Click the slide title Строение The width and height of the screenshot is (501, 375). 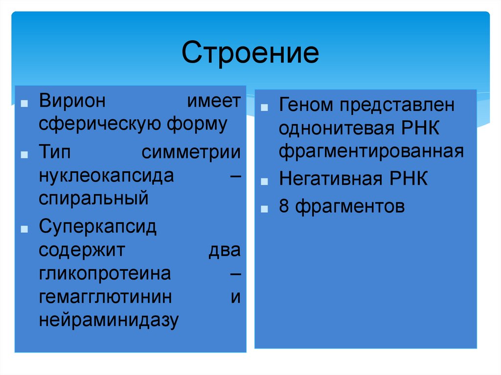point(250,53)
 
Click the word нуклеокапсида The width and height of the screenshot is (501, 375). point(107,176)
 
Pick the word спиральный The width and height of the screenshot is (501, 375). point(93,199)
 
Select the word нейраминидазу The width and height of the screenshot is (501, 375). point(109,320)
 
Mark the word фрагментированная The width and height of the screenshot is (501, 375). point(371,152)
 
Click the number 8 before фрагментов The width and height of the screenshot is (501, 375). point(284,206)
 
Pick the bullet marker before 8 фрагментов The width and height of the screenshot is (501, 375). point(264,209)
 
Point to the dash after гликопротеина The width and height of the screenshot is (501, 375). point(235,274)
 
